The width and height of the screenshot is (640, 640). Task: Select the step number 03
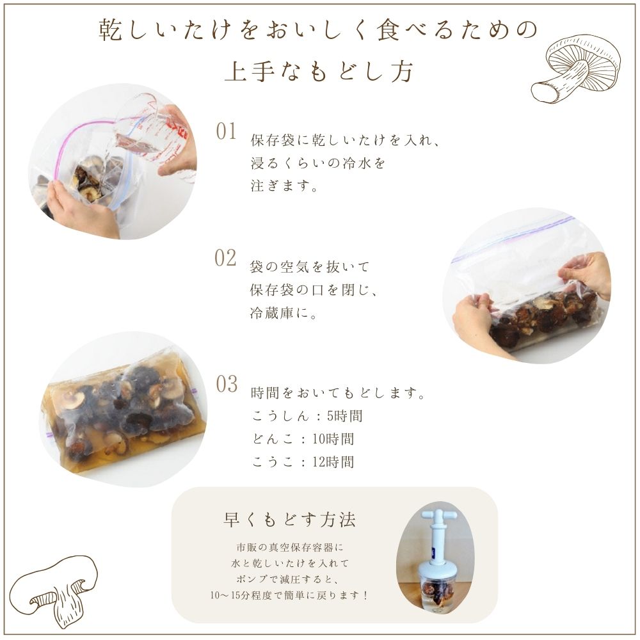(x=226, y=385)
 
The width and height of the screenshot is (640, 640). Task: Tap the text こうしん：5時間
(x=307, y=416)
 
